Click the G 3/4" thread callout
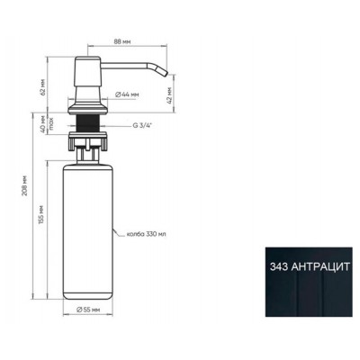[142, 127]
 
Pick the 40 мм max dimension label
[43, 127]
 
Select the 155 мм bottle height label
[43, 221]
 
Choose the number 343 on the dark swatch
[281, 266]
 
